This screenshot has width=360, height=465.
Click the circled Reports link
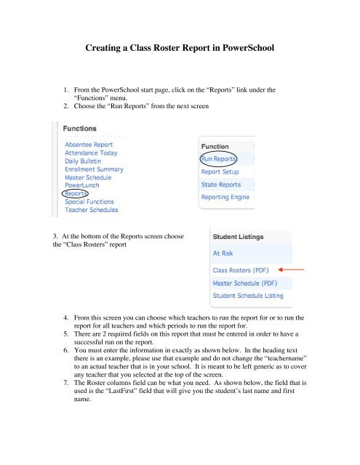pos(76,194)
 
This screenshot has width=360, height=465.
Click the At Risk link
pos(223,254)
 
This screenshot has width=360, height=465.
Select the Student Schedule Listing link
pos(247,296)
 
